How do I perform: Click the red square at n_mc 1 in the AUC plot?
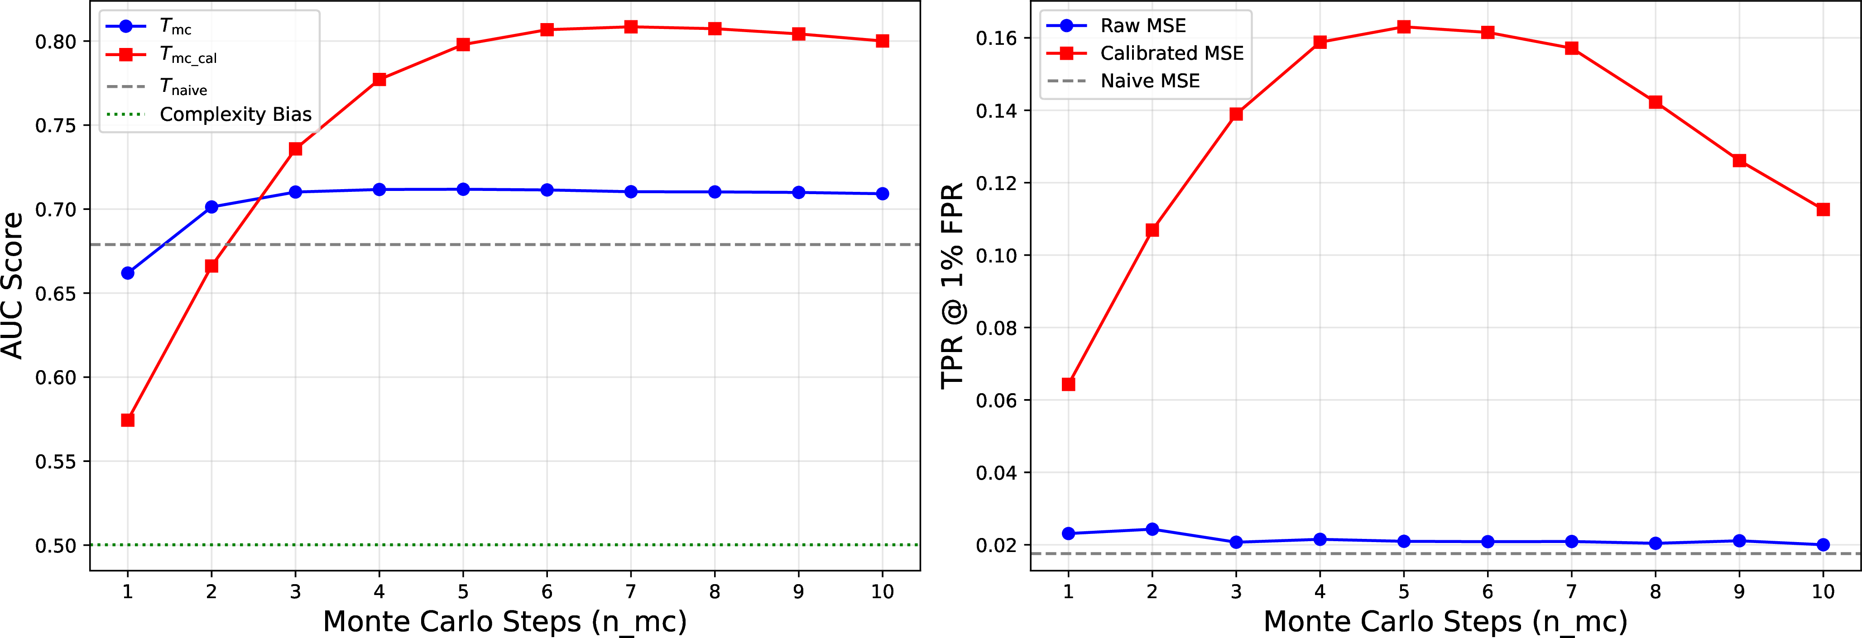pos(128,420)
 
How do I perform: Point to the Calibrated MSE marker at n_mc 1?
pos(1068,384)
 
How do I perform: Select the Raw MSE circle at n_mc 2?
pos(1152,529)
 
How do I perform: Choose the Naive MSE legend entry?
pos(1123,81)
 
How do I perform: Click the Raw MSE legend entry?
pos(1117,26)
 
